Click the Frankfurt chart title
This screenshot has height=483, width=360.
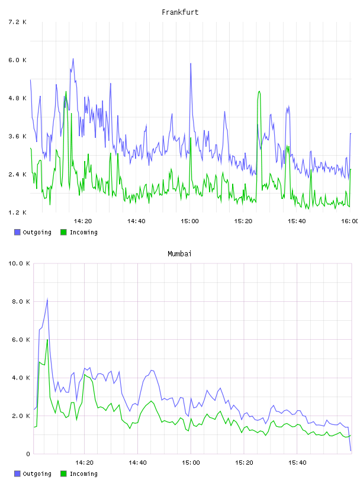coord(180,12)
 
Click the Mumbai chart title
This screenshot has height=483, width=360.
coord(179,254)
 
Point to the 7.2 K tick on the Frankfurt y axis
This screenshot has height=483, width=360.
coord(17,22)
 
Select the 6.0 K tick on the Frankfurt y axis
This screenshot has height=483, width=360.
coord(17,60)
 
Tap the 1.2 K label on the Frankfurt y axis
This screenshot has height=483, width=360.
coord(17,212)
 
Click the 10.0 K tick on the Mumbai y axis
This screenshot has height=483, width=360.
coord(19,263)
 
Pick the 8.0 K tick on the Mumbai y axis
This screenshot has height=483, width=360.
coord(21,301)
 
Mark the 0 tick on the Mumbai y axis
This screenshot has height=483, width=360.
coord(28,454)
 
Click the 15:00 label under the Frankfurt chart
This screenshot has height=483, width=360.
coord(189,221)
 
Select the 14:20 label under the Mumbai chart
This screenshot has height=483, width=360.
coord(84,463)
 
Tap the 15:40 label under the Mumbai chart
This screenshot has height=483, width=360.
coord(297,463)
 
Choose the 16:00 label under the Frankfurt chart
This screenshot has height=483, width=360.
coord(350,221)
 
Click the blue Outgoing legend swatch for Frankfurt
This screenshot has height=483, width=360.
coord(17,232)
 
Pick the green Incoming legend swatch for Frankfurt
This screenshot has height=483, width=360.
coord(63,232)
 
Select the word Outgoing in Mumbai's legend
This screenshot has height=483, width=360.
coord(37,474)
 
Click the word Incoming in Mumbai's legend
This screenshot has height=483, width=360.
coord(83,474)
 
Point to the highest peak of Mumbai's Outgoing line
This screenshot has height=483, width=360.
coord(47,298)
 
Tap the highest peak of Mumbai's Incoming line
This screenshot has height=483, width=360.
coord(47,339)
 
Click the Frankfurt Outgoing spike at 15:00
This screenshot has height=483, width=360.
coord(191,63)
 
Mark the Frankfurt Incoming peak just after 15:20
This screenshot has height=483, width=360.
coord(259,92)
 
